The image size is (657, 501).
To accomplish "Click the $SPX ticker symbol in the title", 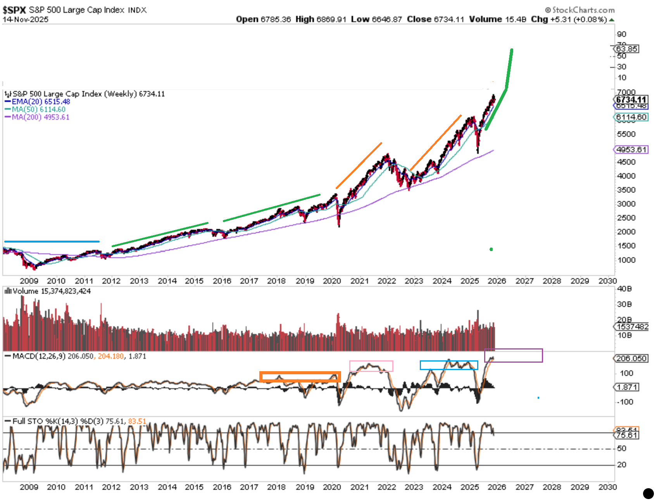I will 15,10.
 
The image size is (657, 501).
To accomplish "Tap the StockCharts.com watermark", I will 580,10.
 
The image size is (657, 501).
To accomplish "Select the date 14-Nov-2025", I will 26,19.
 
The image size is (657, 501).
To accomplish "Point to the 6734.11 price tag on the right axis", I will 631,100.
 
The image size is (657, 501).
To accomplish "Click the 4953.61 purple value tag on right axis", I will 631,150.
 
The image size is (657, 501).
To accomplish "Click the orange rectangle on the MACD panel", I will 300,377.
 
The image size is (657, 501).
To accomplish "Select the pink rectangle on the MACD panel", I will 371,366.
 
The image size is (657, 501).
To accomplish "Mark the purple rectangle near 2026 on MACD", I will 514,355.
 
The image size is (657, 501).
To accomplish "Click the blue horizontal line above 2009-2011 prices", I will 52,241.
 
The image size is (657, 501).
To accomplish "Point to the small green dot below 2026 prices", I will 491,249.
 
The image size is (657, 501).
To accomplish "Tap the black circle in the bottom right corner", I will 648,493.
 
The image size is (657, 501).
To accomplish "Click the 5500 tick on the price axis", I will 626,134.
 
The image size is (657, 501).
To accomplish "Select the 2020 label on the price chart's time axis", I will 332,281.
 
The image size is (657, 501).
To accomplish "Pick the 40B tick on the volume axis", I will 624,289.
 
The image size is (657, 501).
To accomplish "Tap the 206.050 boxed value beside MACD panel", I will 631,358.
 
